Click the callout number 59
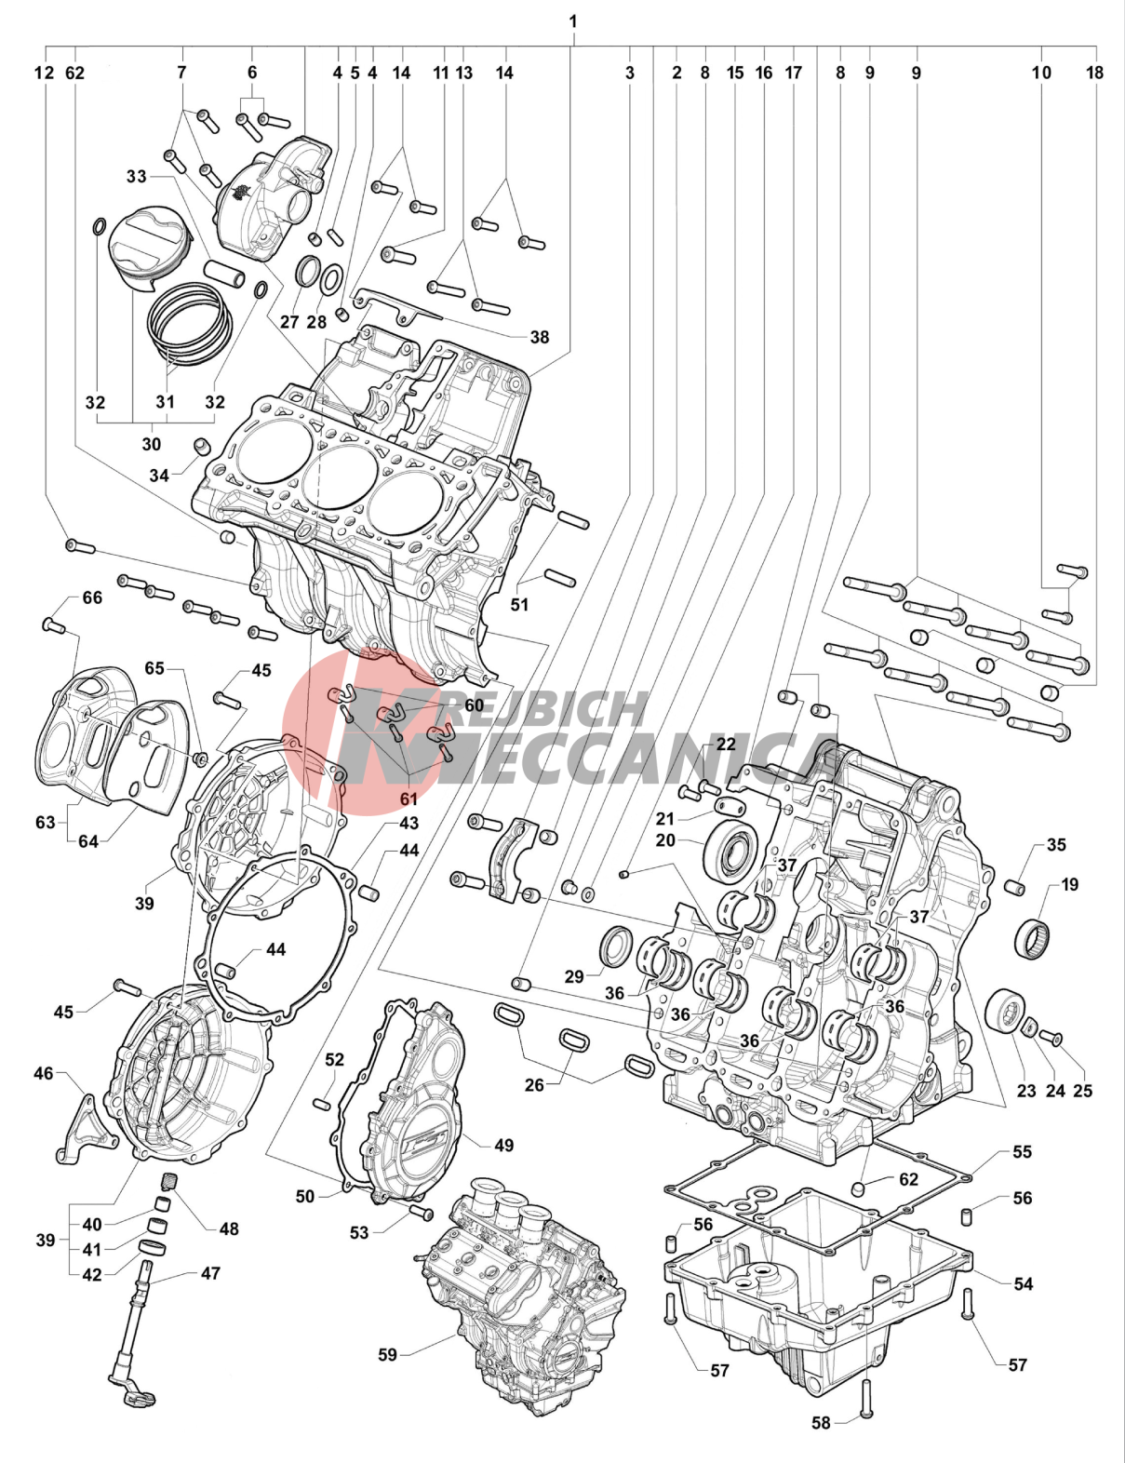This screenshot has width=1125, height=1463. click(x=387, y=1355)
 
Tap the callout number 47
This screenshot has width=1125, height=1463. click(x=211, y=1273)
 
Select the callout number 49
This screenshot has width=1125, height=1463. click(x=503, y=1146)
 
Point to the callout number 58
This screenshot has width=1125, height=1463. click(x=821, y=1423)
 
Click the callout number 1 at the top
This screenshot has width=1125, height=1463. click(x=573, y=21)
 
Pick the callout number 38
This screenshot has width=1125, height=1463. click(x=540, y=337)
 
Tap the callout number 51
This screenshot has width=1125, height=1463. click(x=519, y=605)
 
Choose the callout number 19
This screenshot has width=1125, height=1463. click(x=1070, y=885)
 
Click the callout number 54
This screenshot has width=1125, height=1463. click(x=1024, y=1284)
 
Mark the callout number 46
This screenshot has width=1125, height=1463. click(x=44, y=1074)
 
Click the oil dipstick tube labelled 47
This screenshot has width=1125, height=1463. click(x=135, y=1331)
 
